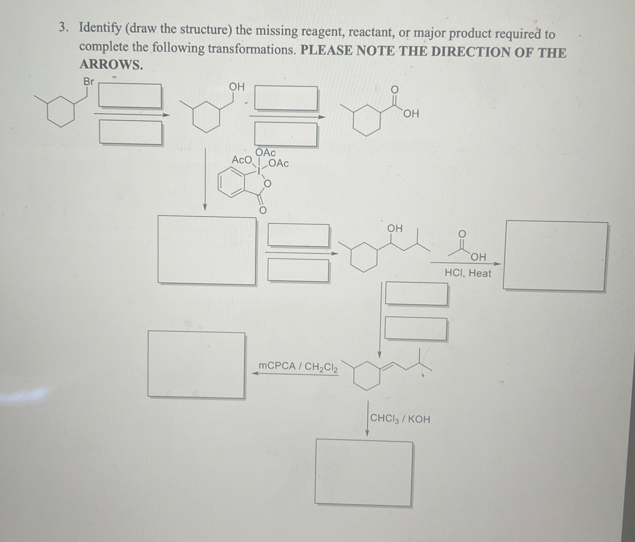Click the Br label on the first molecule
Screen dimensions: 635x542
(x=89, y=82)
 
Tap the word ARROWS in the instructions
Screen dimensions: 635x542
(x=111, y=65)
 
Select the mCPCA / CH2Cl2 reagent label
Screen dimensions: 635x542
(x=298, y=367)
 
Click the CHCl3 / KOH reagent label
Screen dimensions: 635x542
(x=400, y=419)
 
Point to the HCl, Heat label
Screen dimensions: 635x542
(x=468, y=273)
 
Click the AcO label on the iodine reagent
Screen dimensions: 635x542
(x=242, y=160)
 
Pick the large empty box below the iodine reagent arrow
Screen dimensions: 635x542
(x=207, y=250)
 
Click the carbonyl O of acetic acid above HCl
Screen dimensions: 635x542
(x=462, y=234)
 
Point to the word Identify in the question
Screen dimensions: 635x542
(x=100, y=28)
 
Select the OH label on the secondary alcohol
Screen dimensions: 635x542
(x=395, y=228)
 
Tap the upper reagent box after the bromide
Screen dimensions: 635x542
(x=130, y=96)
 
